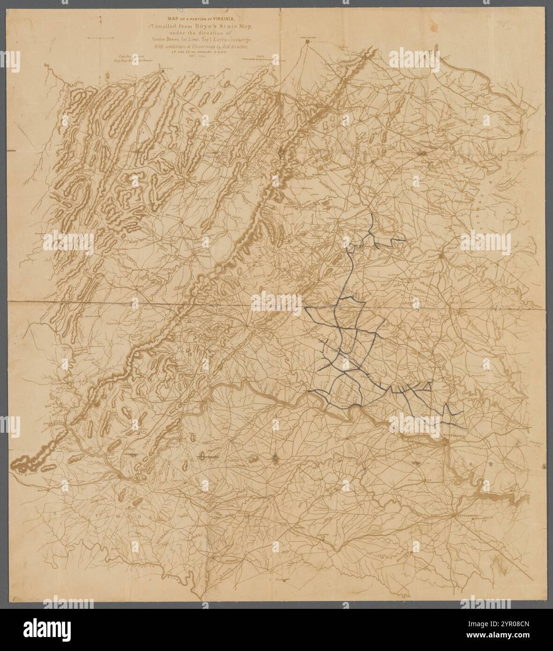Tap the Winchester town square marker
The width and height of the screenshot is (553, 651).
308,42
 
